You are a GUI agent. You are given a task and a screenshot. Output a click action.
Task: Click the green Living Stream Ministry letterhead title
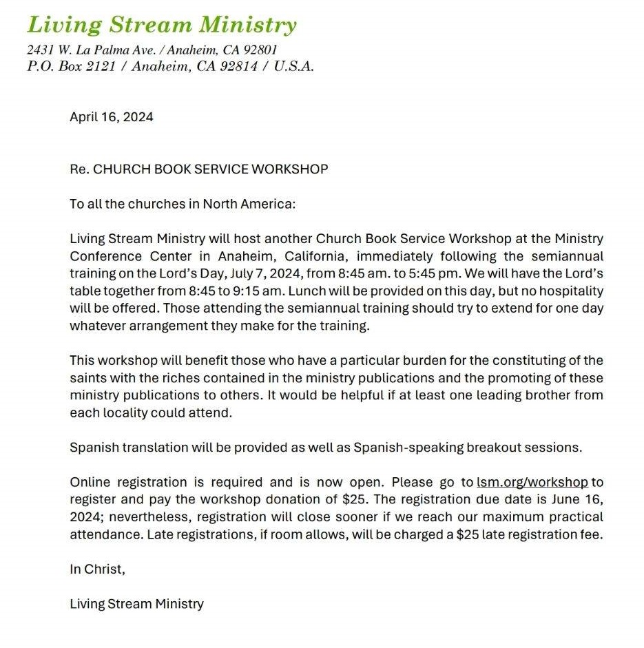pos(162,25)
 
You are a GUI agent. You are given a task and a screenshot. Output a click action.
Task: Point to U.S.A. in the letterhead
pos(293,67)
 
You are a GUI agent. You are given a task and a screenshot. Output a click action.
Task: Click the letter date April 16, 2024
pos(112,117)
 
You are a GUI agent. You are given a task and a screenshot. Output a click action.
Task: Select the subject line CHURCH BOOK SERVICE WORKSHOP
pos(210,169)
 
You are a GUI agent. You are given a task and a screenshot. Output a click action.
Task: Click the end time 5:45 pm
pos(432,273)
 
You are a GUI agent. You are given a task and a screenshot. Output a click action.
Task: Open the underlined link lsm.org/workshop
pos(532,483)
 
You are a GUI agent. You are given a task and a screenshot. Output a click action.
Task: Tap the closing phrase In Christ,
pos(98,569)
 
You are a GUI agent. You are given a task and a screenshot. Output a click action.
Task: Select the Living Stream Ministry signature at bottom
pos(136,604)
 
